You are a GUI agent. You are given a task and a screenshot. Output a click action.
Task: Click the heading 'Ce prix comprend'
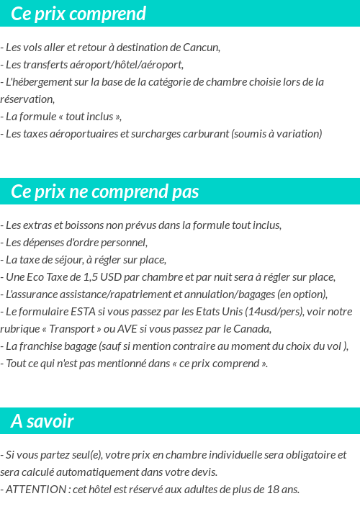coord(78,14)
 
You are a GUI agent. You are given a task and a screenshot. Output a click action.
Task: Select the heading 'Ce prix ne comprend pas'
coord(105,192)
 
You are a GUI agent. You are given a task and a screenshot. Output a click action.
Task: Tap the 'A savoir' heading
coord(42,421)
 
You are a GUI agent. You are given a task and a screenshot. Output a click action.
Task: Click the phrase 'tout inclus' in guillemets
coord(85,117)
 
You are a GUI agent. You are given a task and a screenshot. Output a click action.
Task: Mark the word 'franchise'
coord(42,346)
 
